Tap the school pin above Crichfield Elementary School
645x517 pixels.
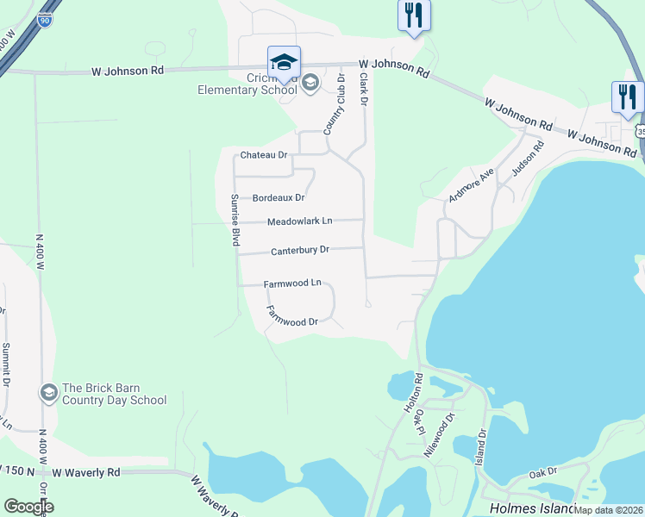284,63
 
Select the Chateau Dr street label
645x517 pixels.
263,155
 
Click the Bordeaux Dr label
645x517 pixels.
279,198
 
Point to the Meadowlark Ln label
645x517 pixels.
299,221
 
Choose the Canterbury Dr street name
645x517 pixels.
300,251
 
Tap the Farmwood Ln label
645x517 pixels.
292,283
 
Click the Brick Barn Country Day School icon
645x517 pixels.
48,393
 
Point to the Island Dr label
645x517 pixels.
484,457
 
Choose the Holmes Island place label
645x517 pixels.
527,508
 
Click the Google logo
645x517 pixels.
28,507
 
